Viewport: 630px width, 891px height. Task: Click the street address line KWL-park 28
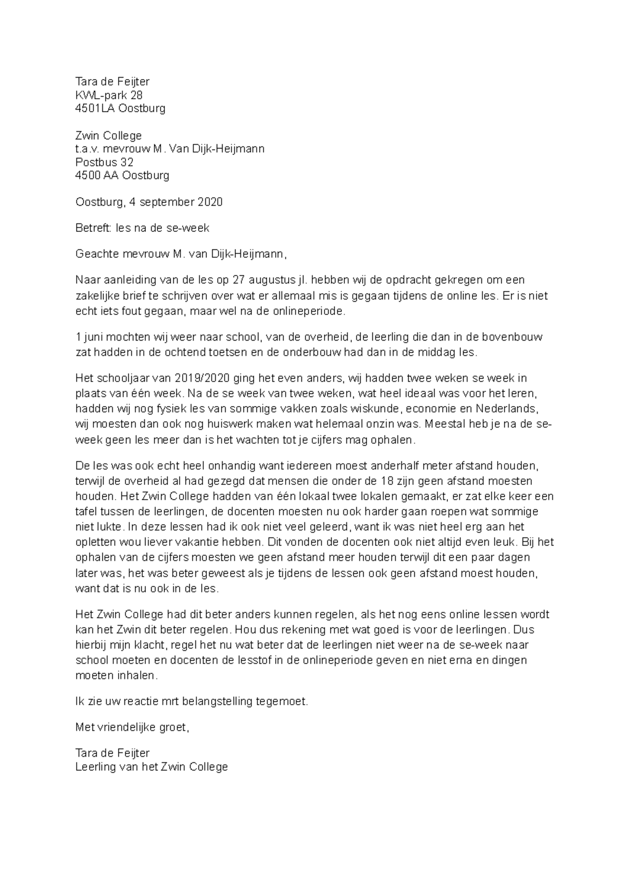click(109, 95)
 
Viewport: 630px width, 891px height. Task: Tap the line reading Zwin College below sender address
click(109, 135)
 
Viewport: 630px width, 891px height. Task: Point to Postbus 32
click(104, 162)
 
